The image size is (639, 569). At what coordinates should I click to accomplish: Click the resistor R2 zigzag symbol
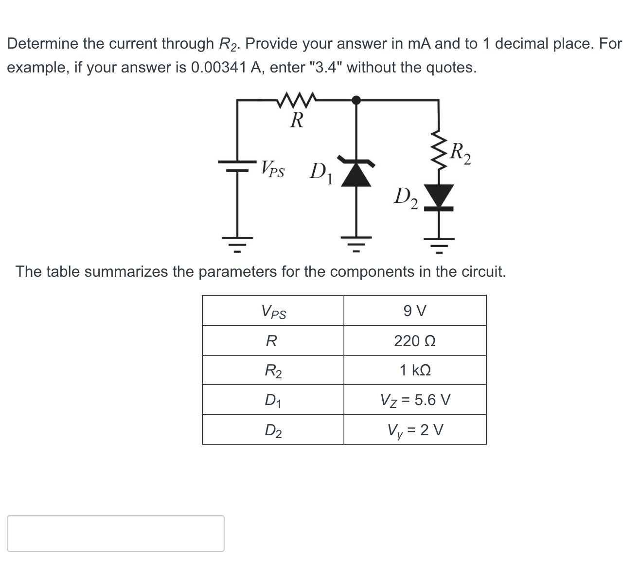click(x=440, y=151)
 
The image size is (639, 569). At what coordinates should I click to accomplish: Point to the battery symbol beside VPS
click(x=238, y=166)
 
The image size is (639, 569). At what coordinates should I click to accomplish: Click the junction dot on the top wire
click(x=356, y=100)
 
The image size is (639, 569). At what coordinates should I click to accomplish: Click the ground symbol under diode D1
click(x=356, y=243)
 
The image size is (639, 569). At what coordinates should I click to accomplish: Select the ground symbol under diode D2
click(x=440, y=245)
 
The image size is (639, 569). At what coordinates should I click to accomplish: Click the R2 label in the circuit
click(x=460, y=154)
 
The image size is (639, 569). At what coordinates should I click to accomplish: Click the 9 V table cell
click(x=415, y=310)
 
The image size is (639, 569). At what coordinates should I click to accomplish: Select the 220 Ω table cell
click(x=415, y=341)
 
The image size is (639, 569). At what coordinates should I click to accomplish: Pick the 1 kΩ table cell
click(x=415, y=371)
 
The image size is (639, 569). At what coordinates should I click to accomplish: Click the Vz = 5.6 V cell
click(x=415, y=400)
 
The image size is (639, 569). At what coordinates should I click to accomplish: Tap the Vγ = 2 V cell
click(x=415, y=430)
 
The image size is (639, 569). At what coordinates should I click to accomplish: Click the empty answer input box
click(x=116, y=533)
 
